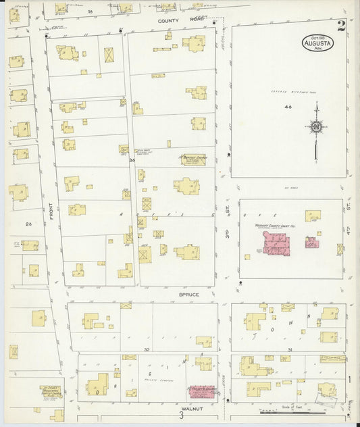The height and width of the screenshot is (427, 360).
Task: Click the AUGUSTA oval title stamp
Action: pos(317,43)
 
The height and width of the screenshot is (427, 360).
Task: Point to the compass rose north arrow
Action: pos(315,126)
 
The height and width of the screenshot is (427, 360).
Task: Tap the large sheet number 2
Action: pos(342,26)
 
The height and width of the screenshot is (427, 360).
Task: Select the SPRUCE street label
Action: pos(188,294)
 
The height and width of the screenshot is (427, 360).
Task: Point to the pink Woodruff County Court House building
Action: pos(275,243)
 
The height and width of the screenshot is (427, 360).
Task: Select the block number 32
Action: pos(146,349)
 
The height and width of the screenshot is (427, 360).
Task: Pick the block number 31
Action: pos(289,349)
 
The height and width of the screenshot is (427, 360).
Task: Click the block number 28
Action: pos(28,223)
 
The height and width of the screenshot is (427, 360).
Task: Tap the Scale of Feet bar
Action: pos(292,411)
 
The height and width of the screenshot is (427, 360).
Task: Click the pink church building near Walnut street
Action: pos(202,391)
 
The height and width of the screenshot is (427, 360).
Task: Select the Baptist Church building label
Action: pos(192,159)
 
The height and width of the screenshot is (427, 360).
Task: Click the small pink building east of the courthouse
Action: pos(311,242)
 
